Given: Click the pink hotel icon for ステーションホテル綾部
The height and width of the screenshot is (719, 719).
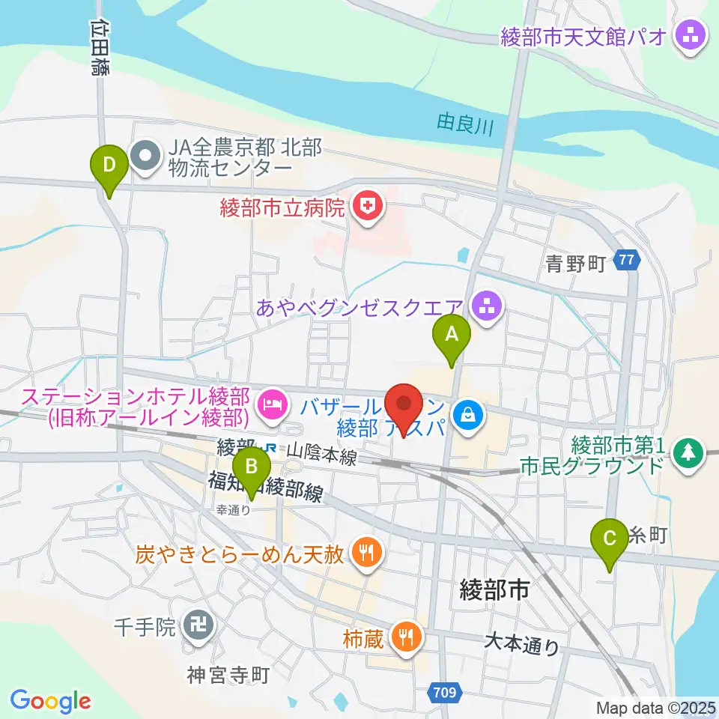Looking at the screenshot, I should [x=270, y=406].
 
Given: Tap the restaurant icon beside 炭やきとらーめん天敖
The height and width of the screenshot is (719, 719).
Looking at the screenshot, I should [x=365, y=554].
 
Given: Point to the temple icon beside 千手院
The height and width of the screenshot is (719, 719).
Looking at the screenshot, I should [x=198, y=624].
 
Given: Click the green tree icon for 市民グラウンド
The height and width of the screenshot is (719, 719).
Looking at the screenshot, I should [x=686, y=452].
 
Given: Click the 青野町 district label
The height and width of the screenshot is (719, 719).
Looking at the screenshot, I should [x=575, y=263].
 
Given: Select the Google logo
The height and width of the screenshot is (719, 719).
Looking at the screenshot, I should [x=50, y=701].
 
